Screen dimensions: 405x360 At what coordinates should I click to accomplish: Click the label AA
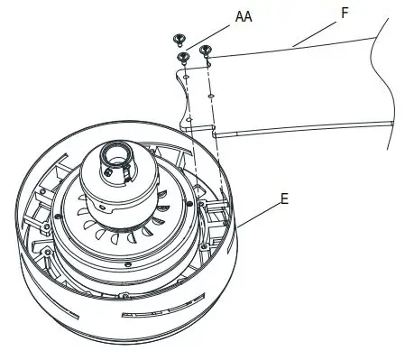(244, 17)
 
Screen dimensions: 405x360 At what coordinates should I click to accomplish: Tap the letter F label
(345, 13)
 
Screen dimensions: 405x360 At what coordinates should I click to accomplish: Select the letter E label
(284, 199)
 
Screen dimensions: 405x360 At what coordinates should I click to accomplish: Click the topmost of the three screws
(179, 40)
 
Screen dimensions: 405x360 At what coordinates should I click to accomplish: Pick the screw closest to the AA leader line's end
(183, 57)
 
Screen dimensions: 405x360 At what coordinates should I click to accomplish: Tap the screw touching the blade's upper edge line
(206, 50)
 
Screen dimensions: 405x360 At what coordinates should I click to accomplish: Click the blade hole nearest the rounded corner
(186, 78)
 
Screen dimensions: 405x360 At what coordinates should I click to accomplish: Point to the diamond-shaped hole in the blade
(211, 96)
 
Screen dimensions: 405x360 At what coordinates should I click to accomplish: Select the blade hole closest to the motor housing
(189, 120)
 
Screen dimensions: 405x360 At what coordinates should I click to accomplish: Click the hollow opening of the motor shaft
(116, 155)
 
